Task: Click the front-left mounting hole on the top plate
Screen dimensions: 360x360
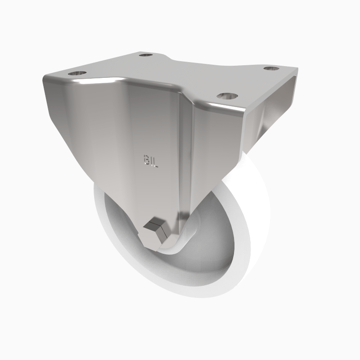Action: pyautogui.click(x=76, y=72)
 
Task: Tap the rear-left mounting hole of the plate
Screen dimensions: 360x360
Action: pyautogui.click(x=145, y=55)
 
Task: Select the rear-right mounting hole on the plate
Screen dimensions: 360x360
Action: pyautogui.click(x=270, y=68)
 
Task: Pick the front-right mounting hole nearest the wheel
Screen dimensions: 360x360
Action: pyautogui.click(x=227, y=95)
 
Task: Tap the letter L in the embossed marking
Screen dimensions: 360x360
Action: pyautogui.click(x=156, y=162)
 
